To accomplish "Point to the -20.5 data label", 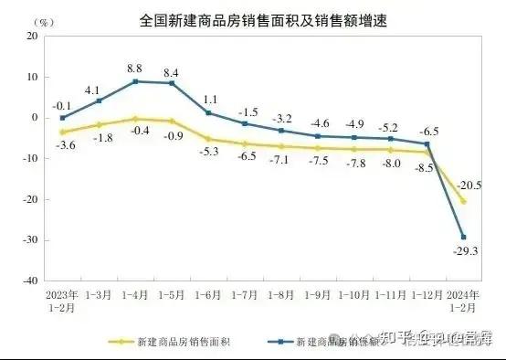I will (473, 185).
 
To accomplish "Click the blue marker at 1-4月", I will (135, 81).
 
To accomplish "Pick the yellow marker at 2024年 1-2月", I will (463, 201).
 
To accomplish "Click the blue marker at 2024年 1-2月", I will (463, 238).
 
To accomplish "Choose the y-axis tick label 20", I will (30, 36).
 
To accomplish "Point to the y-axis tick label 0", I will (33, 118).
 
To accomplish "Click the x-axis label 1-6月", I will (208, 296).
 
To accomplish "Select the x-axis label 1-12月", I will (427, 296).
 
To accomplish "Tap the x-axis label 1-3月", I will (99, 296).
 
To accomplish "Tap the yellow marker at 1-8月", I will (281, 146).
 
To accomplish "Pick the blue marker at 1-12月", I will (427, 143).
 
